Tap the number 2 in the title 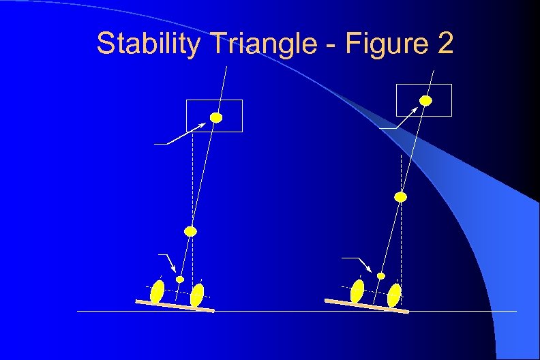444,45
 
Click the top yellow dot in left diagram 216,117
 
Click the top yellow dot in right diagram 425,100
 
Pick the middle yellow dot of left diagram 191,231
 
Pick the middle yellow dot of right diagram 401,197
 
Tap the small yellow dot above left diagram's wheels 180,279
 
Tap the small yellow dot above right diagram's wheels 381,275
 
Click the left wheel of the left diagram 157,291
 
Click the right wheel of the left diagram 197,295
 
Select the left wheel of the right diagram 357,291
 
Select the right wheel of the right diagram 394,295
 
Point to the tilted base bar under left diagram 175,305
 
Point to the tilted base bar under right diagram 366,305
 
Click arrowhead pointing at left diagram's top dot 206,123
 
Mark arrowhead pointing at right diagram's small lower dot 371,271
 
